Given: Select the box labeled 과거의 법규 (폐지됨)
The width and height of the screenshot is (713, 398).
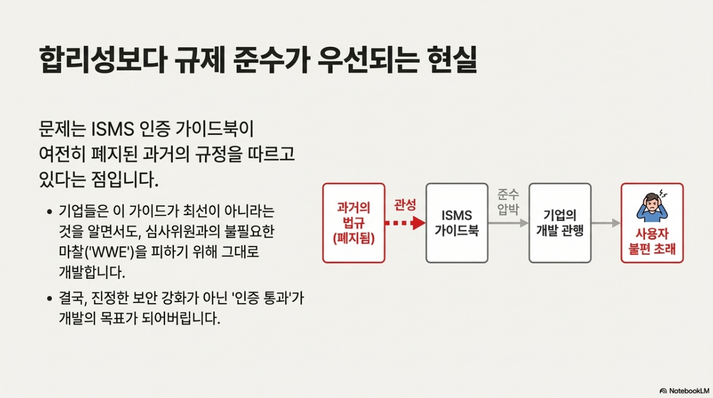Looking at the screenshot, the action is tap(354, 223).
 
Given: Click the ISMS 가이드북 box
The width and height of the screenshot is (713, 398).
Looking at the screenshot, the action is tap(457, 223).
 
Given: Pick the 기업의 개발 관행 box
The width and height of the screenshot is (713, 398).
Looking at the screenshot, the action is tap(560, 223).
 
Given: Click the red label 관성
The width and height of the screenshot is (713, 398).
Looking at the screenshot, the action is tap(405, 205).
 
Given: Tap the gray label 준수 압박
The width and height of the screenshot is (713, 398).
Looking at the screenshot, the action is tap(507, 201).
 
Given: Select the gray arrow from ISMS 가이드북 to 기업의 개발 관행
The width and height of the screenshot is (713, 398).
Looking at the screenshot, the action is tap(508, 223).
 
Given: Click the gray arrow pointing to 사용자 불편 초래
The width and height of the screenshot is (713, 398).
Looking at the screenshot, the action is tap(606, 223).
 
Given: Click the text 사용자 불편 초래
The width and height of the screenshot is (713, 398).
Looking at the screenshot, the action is tap(652, 241).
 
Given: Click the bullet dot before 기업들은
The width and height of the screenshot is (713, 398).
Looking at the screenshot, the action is tap(50, 212).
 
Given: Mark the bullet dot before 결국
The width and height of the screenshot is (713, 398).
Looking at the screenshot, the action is tap(50, 299).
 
